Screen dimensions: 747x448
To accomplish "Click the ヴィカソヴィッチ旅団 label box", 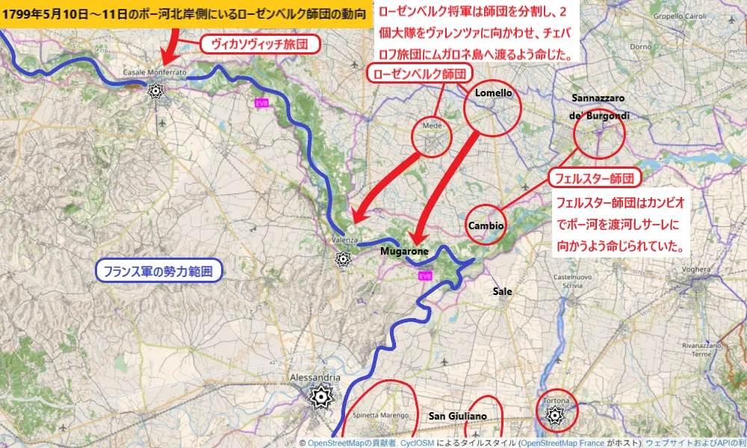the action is (260, 45).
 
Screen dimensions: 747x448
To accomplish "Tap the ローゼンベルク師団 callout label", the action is (421, 73).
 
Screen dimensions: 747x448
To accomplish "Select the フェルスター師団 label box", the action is (595, 179).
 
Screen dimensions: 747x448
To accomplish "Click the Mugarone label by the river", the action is (404, 252).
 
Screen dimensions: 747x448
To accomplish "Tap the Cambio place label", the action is (485, 225).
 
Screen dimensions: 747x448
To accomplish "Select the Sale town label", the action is (503, 291).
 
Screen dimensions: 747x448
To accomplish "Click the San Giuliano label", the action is (457, 416).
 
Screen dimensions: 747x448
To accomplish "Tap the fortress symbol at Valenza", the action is (343, 258).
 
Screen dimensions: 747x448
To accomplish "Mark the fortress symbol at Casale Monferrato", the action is (155, 90).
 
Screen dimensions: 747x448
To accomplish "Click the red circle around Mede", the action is (433, 136).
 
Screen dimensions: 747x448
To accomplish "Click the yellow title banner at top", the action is (187, 14).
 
